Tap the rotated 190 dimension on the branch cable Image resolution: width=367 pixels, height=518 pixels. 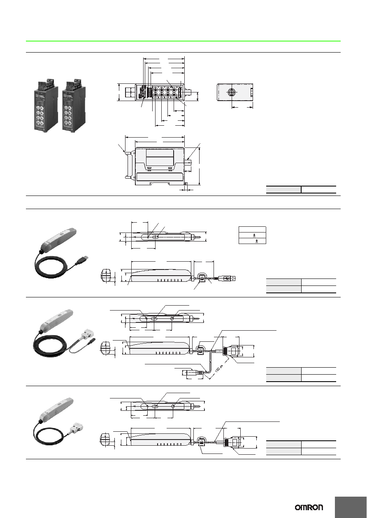pos(219,368)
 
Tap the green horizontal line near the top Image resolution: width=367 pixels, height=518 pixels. pos(183,41)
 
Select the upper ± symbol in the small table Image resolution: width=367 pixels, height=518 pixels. pos(254,235)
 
